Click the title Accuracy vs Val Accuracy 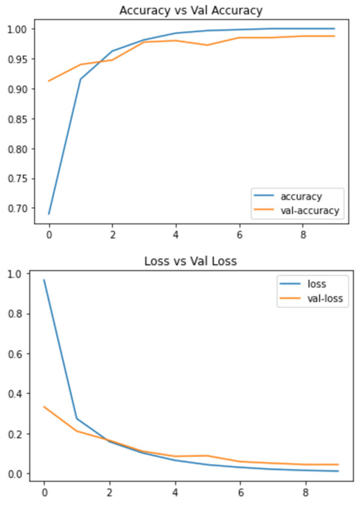(x=191, y=10)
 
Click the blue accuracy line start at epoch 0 (x=48, y=214)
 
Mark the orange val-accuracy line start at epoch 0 (x=48, y=81)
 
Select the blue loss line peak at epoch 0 (x=44, y=280)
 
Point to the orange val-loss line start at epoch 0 (x=44, y=407)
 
